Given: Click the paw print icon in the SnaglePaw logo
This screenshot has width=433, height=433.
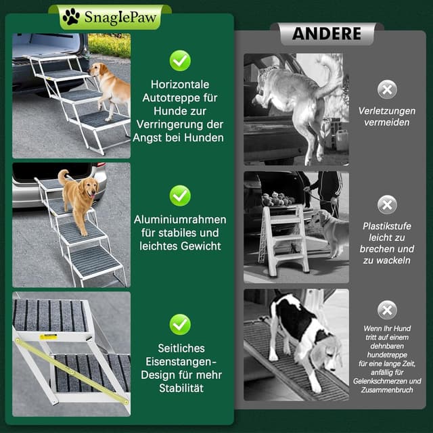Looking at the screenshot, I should click(x=71, y=17).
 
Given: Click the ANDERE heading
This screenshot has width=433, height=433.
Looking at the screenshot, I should click(x=326, y=33).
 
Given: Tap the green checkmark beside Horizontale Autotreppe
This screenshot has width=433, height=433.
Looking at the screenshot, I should click(x=180, y=60).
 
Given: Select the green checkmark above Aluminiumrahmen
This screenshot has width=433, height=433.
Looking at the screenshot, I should click(x=180, y=196).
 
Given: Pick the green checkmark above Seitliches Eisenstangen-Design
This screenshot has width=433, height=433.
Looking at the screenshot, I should click(x=180, y=324).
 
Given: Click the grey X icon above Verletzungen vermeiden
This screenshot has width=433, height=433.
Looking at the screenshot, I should click(x=387, y=89).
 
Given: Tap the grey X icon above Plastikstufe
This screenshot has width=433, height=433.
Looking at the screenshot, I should click(x=387, y=204).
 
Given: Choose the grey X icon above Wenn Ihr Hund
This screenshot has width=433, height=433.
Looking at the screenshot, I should click(x=387, y=310).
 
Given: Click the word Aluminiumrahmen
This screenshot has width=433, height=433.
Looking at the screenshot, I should click(x=180, y=220).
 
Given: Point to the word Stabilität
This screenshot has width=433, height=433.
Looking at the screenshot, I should click(x=180, y=388).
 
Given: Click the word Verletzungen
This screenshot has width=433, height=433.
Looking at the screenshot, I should click(x=387, y=110).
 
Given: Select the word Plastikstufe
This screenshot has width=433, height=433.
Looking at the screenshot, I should click(x=387, y=226).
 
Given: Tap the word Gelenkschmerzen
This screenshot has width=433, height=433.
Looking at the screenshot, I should click(x=378, y=382).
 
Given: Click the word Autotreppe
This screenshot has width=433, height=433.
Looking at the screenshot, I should click(x=180, y=98).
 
